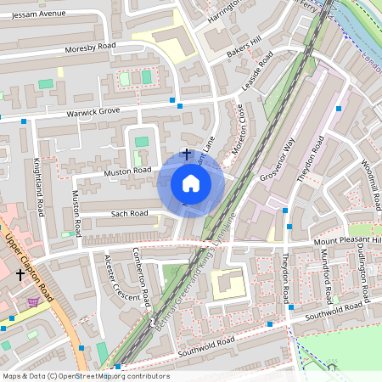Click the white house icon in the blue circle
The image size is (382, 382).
[191, 183]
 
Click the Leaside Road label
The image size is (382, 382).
[256, 72]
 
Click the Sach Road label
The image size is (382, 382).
[129, 214]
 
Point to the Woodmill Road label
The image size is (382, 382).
[370, 184]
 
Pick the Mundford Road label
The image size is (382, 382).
[327, 284]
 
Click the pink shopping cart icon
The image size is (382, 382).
[33, 301]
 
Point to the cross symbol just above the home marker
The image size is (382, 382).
[187, 154]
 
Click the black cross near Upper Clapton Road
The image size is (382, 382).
[21, 274]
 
